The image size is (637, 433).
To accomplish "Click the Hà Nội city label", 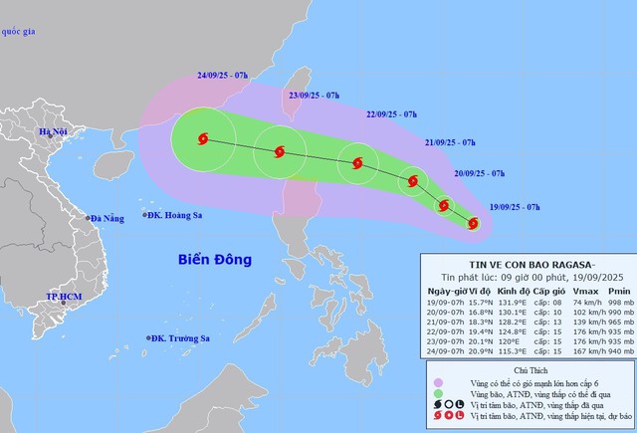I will [53, 132].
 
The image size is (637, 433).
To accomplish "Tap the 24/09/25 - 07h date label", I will [225, 75].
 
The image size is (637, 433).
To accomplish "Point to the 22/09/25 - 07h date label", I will [397, 114].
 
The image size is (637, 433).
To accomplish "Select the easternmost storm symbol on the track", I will [473, 224].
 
